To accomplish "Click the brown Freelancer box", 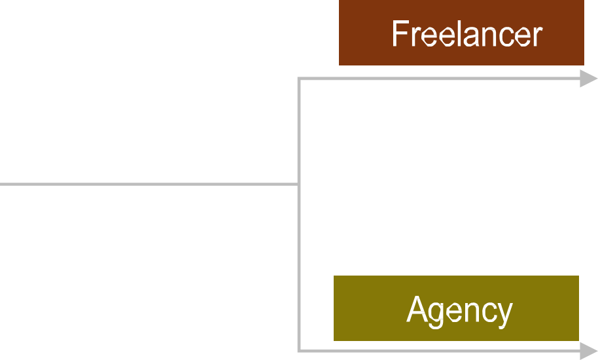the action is (461, 33).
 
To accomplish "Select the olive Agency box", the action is (456, 308).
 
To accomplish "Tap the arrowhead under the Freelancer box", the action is (588, 79).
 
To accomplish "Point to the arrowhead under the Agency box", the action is (588, 351).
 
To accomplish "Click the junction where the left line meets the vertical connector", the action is (299, 185).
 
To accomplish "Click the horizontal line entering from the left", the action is (149, 185).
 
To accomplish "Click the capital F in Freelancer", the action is (400, 33).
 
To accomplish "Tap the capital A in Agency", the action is (416, 310).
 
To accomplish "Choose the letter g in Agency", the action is (436, 315).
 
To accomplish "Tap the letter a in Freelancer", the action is (471, 37).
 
